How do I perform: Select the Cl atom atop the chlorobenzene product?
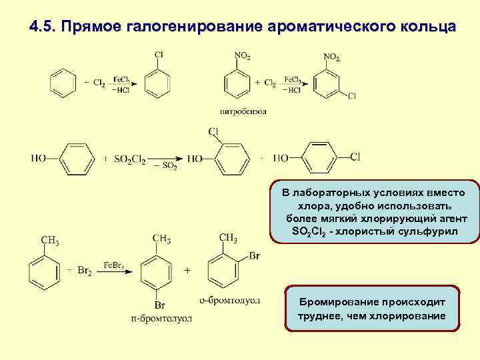[x=159, y=55]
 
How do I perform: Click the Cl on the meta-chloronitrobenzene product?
[x=351, y=96]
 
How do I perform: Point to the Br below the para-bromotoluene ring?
[x=160, y=305]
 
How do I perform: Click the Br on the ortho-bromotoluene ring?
[x=253, y=255]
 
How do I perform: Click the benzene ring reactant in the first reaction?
[x=63, y=83]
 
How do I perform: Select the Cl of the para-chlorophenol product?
[x=355, y=157]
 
